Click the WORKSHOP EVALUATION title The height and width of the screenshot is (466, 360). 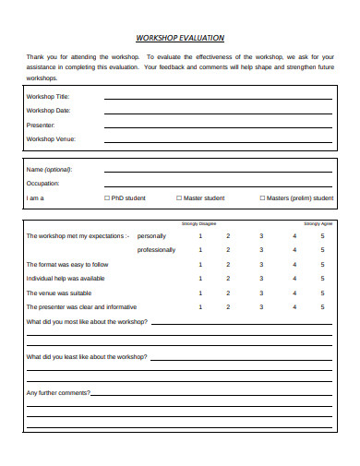pos(179,39)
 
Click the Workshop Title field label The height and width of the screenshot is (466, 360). pos(47,96)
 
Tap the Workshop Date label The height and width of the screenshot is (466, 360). pos(48,110)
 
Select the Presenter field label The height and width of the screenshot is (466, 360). pos(42,125)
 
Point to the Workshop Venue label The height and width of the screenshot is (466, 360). pos(51,138)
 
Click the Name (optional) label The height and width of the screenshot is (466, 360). pos(49,169)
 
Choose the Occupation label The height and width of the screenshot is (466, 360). pos(43,183)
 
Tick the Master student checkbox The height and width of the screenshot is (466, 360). pos(179,197)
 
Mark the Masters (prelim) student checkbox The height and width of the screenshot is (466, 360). pos(262,197)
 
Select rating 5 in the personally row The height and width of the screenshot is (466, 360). pos(322,235)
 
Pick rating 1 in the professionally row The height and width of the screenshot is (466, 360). pos(200,249)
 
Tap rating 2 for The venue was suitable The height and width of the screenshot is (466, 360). pos(228,293)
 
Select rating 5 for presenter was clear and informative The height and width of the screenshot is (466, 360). pos(322,306)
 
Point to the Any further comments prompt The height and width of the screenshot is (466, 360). pos(58,393)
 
